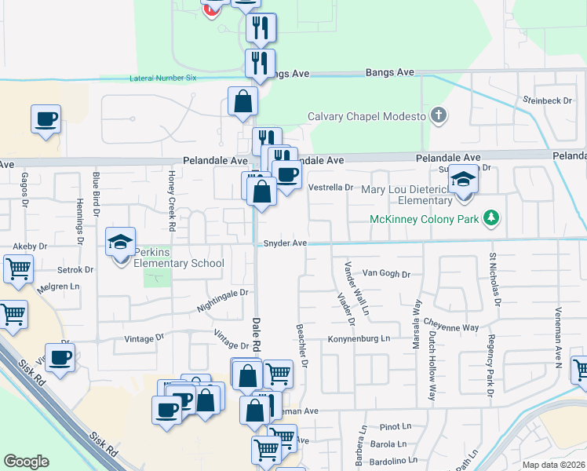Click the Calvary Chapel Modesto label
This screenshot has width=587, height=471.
click(x=366, y=116)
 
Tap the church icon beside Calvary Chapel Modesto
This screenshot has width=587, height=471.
click(x=439, y=116)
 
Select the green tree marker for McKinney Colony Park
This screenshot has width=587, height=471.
click(x=492, y=217)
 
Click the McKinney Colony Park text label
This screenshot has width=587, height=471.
click(x=424, y=217)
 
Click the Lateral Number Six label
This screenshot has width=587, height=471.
click(x=164, y=78)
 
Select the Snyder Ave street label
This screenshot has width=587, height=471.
click(x=284, y=243)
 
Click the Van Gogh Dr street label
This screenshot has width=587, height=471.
click(x=386, y=274)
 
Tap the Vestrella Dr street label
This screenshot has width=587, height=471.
click(x=332, y=188)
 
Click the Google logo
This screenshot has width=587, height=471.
click(x=26, y=462)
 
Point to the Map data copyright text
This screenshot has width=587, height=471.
click(x=553, y=465)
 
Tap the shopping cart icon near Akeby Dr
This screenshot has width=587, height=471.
click(x=17, y=268)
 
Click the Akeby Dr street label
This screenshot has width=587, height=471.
click(x=31, y=246)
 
